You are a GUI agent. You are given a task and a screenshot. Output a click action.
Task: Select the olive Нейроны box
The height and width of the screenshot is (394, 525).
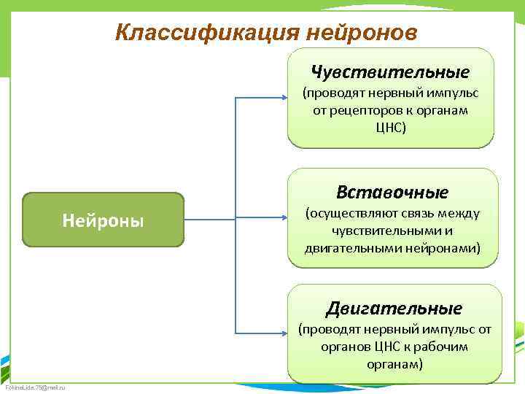103,219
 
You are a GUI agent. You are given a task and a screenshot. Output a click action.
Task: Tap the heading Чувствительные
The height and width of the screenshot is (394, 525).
390,72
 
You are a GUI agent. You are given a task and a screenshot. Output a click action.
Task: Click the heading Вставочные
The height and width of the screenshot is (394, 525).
392,192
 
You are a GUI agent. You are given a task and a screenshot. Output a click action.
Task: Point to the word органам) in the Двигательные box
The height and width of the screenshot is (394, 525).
394,363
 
